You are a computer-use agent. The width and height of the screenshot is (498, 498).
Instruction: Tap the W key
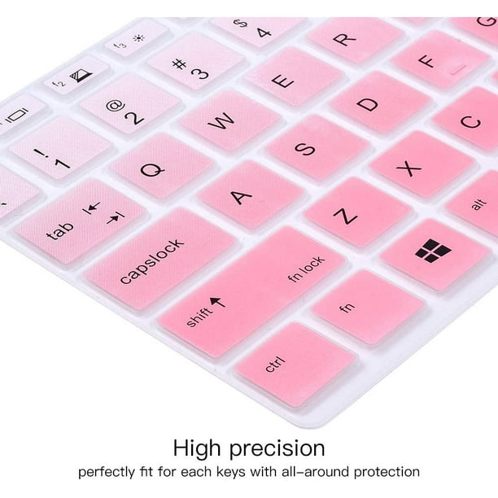pyautogui.click(x=230, y=120)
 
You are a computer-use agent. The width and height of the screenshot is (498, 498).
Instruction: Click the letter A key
pyautogui.click(x=251, y=194)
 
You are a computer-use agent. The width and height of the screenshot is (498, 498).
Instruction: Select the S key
pyautogui.click(x=317, y=147)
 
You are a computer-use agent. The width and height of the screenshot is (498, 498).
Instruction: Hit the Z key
pyautogui.click(x=357, y=212)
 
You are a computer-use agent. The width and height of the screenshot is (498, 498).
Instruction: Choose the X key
pyautogui.click(x=422, y=164)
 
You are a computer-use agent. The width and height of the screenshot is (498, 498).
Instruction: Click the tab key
pyautogui.click(x=80, y=221)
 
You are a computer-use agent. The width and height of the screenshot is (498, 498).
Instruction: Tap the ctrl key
pyautogui.click(x=295, y=365)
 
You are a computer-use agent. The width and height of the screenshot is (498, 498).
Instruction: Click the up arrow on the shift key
pyautogui.click(x=218, y=302)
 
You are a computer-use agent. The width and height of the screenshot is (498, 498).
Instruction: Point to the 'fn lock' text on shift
pyautogui.click(x=306, y=269)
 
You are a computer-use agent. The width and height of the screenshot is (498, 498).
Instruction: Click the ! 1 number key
pyautogui.click(x=60, y=147)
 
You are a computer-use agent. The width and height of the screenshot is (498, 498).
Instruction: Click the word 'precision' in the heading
pyautogui.click(x=277, y=448)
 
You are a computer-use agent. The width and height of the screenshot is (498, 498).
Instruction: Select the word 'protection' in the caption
pyautogui.click(x=387, y=472)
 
